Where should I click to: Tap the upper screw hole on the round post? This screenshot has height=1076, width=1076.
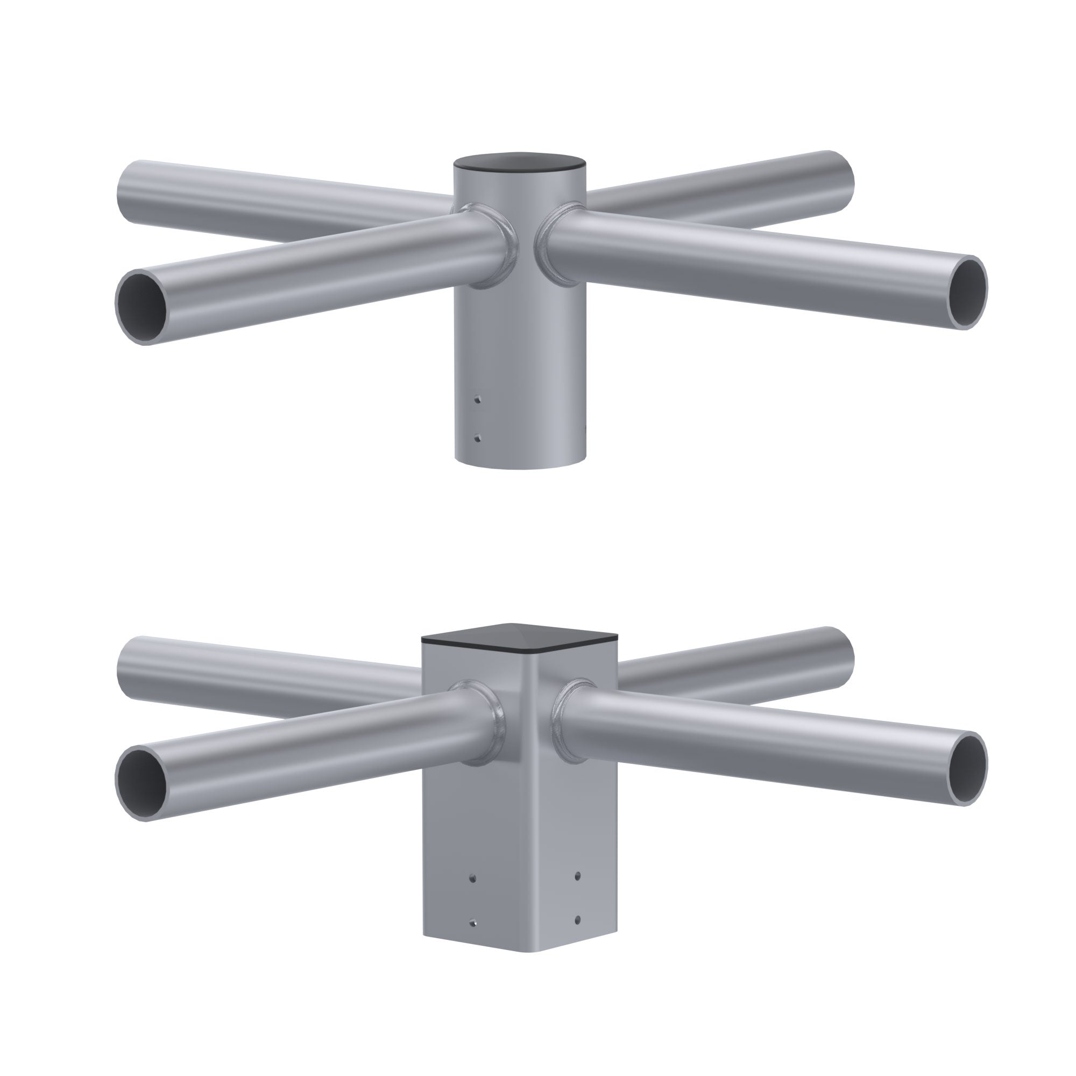[x=477, y=399]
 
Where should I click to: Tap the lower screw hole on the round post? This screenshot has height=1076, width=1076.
[x=477, y=438]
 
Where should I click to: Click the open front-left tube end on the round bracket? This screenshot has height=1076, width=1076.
[x=144, y=307]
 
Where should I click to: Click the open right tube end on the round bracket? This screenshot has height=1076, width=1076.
[x=968, y=292]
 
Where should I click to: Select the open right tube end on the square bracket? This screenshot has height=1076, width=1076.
[x=968, y=769]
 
